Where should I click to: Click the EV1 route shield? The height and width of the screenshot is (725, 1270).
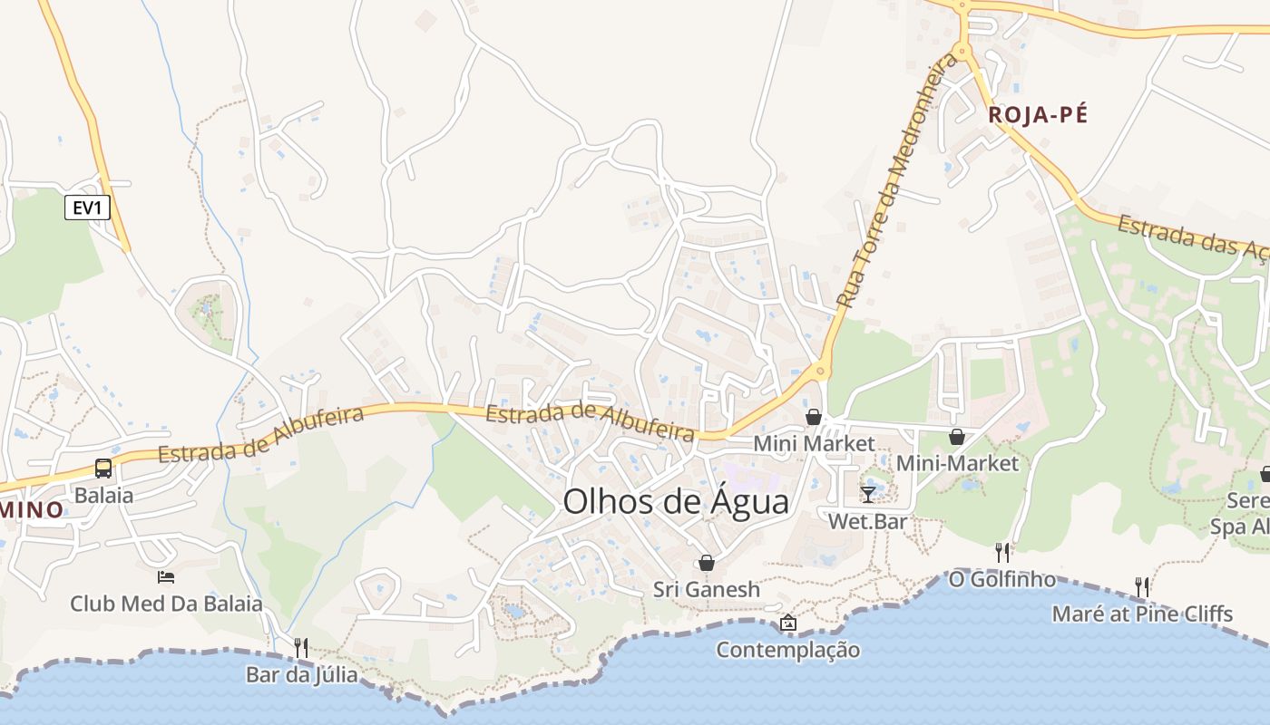[87, 208]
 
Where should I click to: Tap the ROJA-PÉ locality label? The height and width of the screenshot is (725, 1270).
[1037, 115]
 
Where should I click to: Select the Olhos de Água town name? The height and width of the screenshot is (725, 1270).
[676, 501]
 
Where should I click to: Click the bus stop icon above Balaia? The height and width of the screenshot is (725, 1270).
[103, 469]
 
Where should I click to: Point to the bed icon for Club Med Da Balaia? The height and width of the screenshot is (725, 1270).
[166, 576]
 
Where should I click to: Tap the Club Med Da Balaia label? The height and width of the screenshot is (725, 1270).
[167, 604]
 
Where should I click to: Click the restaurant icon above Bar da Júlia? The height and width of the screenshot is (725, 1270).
[301, 647]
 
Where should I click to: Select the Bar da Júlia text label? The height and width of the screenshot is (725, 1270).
[301, 675]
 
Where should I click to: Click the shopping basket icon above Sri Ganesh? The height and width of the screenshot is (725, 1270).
[707, 563]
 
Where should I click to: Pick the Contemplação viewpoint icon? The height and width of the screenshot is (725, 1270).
[787, 623]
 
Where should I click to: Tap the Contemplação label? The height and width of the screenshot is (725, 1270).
[787, 650]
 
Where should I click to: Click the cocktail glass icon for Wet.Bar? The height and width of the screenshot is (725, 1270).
[868, 494]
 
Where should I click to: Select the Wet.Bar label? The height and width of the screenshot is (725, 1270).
[867, 522]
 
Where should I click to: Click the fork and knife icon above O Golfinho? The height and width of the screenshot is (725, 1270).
[1002, 551]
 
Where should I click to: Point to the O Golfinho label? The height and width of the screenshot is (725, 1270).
[1002, 579]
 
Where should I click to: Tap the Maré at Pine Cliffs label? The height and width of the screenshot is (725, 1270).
[1142, 614]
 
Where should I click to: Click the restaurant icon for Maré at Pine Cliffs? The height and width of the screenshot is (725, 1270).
[1142, 586]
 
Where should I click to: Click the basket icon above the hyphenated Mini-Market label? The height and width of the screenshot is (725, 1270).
[957, 437]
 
